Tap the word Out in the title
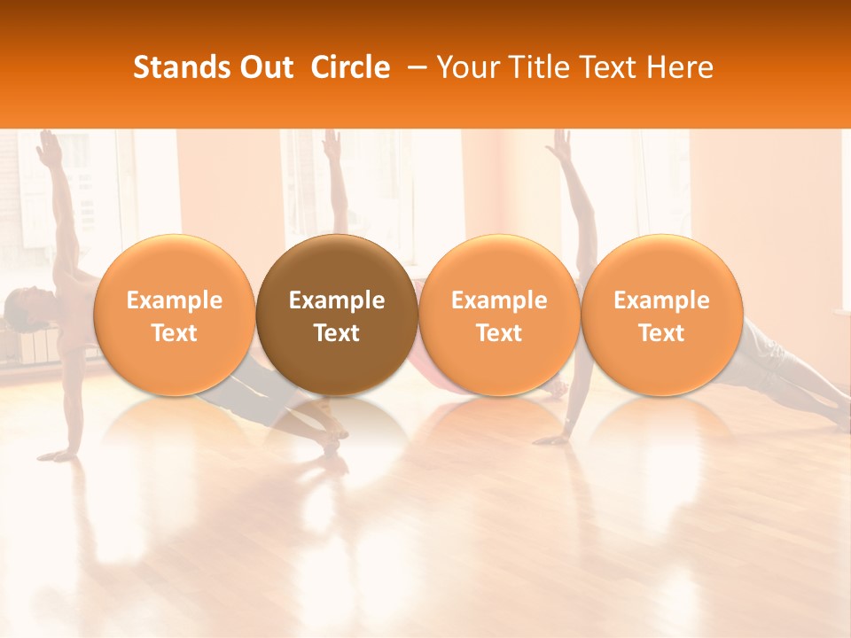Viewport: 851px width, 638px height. click(264, 67)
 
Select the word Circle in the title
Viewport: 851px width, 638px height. click(350, 67)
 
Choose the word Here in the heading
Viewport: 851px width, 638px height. click(679, 67)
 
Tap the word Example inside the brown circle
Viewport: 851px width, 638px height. click(337, 300)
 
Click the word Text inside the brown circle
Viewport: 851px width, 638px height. click(337, 333)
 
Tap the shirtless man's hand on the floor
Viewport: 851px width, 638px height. click(59, 455)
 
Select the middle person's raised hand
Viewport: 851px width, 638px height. click(332, 144)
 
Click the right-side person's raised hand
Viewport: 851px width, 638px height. click(560, 144)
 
